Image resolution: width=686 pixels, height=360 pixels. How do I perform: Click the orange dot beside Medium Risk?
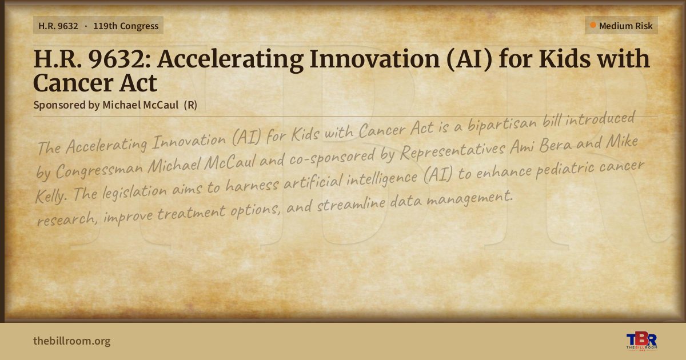click(x=593, y=25)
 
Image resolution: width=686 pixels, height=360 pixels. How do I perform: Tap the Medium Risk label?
click(x=625, y=26)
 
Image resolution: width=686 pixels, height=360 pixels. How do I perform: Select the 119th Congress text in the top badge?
click(x=126, y=26)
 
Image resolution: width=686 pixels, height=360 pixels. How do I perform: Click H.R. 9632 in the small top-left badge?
click(x=58, y=26)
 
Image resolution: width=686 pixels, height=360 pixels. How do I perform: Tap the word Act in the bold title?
click(x=138, y=83)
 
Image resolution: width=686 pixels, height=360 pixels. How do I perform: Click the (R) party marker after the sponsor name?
click(x=190, y=105)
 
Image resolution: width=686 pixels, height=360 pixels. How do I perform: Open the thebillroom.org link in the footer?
click(x=72, y=341)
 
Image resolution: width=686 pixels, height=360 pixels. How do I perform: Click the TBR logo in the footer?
click(x=641, y=341)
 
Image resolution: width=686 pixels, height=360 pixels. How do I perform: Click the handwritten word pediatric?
click(x=564, y=169)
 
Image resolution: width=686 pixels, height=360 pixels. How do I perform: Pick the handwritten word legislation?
click(x=134, y=192)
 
